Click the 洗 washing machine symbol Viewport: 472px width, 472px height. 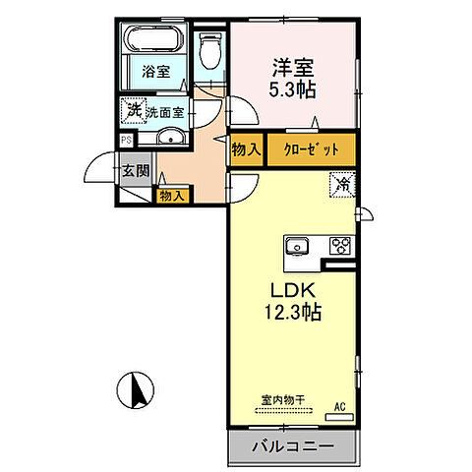tap(132, 111)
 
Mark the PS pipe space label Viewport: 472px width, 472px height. tap(125, 140)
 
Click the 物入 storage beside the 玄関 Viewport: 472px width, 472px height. tap(171, 196)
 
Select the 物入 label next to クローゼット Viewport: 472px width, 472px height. tap(245, 150)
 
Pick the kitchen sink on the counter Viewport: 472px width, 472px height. tap(298, 245)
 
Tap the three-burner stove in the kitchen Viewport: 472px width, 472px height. tap(340, 245)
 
